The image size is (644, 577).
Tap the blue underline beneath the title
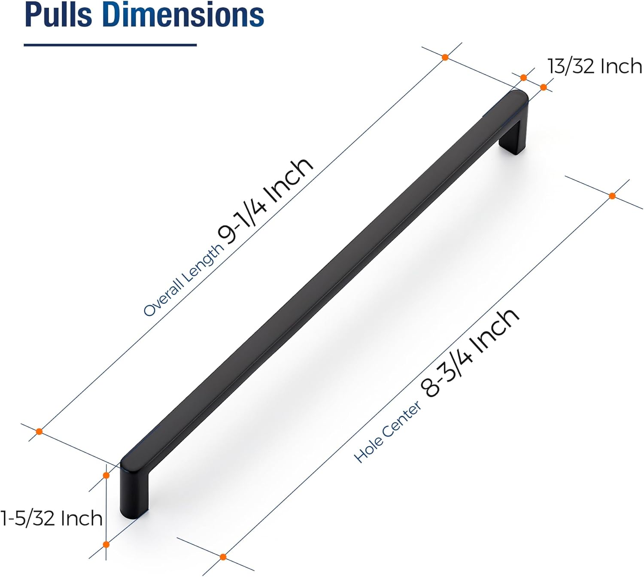tap(110, 45)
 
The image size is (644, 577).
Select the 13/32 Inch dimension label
tap(595, 67)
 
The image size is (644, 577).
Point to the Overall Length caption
tap(183, 280)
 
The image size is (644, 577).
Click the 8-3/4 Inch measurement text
tap(470, 352)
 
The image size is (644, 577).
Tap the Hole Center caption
tap(388, 432)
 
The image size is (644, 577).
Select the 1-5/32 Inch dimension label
tap(52, 518)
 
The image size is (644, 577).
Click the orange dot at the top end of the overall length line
tap(445, 57)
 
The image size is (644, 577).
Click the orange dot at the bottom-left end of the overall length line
tap(39, 431)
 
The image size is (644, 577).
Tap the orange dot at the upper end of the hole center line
tap(612, 196)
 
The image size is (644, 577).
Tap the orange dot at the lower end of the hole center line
tap(223, 557)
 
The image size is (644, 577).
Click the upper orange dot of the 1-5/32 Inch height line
tap(106, 475)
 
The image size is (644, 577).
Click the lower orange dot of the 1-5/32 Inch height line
tap(106, 544)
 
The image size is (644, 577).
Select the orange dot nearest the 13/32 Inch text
tap(544, 88)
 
